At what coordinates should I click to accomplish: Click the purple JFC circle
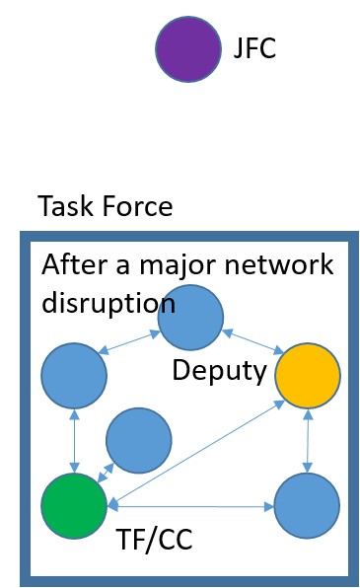point(188,49)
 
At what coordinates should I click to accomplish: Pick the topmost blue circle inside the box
point(190,318)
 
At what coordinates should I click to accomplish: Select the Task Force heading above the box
point(106,207)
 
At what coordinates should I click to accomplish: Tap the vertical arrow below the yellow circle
point(309,443)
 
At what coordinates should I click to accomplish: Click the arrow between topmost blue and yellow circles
point(251,345)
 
